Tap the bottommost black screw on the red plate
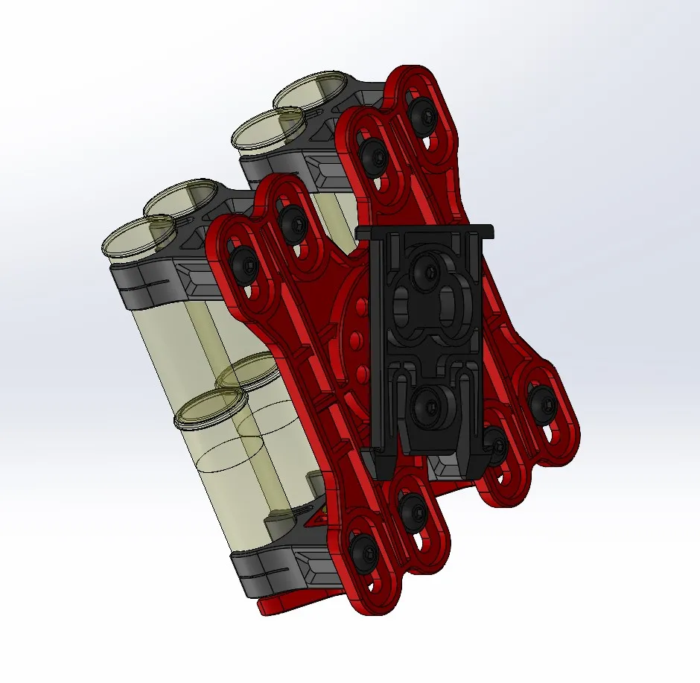pyautogui.click(x=366, y=552)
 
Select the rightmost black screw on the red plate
pyautogui.click(x=542, y=402)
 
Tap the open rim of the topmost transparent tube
pyautogui.click(x=308, y=90)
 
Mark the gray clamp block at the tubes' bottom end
pyautogui.click(x=272, y=570)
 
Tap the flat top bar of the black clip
pyautogui.click(x=424, y=231)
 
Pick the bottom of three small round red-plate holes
pyautogui.click(x=362, y=372)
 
